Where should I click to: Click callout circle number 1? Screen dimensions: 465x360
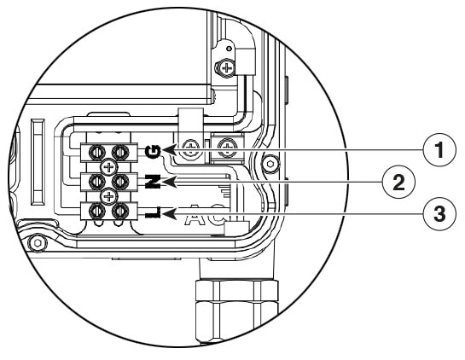coord(439,150)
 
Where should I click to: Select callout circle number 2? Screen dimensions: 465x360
coord(398,182)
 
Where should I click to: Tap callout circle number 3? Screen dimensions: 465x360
coord(439,214)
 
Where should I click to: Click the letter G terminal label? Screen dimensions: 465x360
coord(154,152)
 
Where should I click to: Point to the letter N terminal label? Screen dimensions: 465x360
coord(154,182)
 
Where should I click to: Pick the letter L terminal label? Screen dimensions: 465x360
coord(154,212)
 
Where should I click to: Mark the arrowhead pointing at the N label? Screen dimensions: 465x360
coord(170,182)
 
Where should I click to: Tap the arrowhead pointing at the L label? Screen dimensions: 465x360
coord(170,213)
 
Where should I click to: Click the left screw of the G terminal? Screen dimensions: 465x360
coord(97,153)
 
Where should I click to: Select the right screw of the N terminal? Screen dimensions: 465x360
coord(120,182)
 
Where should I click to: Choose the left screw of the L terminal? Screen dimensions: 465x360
coord(97,211)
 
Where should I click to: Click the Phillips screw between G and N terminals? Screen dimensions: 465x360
coord(109,167)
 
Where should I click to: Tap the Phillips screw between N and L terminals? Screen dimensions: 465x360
coord(109,196)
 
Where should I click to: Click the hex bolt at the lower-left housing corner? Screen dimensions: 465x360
coord(38,243)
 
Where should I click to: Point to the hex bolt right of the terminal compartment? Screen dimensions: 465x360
coord(270,164)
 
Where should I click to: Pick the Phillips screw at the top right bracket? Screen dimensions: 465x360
coord(228,68)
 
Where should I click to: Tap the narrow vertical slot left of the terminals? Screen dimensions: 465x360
coord(38,162)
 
